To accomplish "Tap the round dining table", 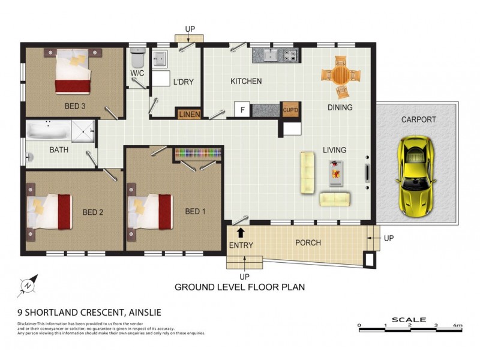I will [340, 76].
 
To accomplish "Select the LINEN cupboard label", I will [189, 113].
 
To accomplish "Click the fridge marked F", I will [242, 110].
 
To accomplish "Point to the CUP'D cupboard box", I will [290, 110].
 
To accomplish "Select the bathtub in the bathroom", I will [48, 130].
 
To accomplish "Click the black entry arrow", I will [241, 232].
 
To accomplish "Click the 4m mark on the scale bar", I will [458, 325].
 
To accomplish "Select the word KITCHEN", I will [246, 81].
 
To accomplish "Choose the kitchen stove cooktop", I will [290, 56].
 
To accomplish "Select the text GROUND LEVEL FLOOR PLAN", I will [239, 287].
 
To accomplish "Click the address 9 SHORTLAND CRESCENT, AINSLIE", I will [89, 312].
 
